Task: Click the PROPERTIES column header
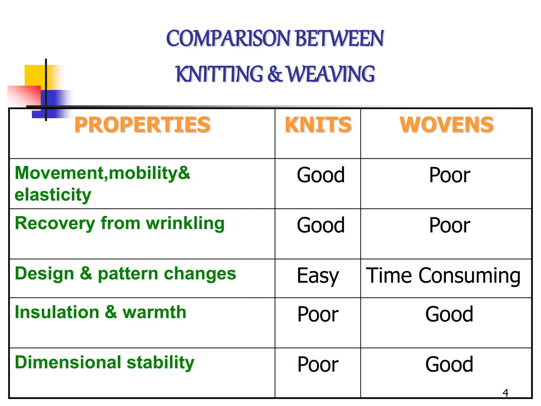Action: pos(142,124)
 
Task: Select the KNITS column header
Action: pos(318,124)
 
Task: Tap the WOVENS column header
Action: pos(446,124)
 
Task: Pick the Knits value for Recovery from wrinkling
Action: pos(321,225)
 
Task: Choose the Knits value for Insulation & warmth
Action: pos(318,314)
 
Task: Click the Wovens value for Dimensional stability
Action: pos(449,365)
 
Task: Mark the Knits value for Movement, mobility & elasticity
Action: pos(321,175)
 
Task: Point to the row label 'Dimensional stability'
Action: pos(105,363)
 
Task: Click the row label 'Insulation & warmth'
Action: pos(101,312)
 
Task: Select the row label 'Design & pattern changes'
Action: pos(125,274)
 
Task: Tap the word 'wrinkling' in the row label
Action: pos(185,224)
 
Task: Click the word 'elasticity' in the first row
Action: pos(53,195)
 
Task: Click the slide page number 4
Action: pos(505,393)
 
